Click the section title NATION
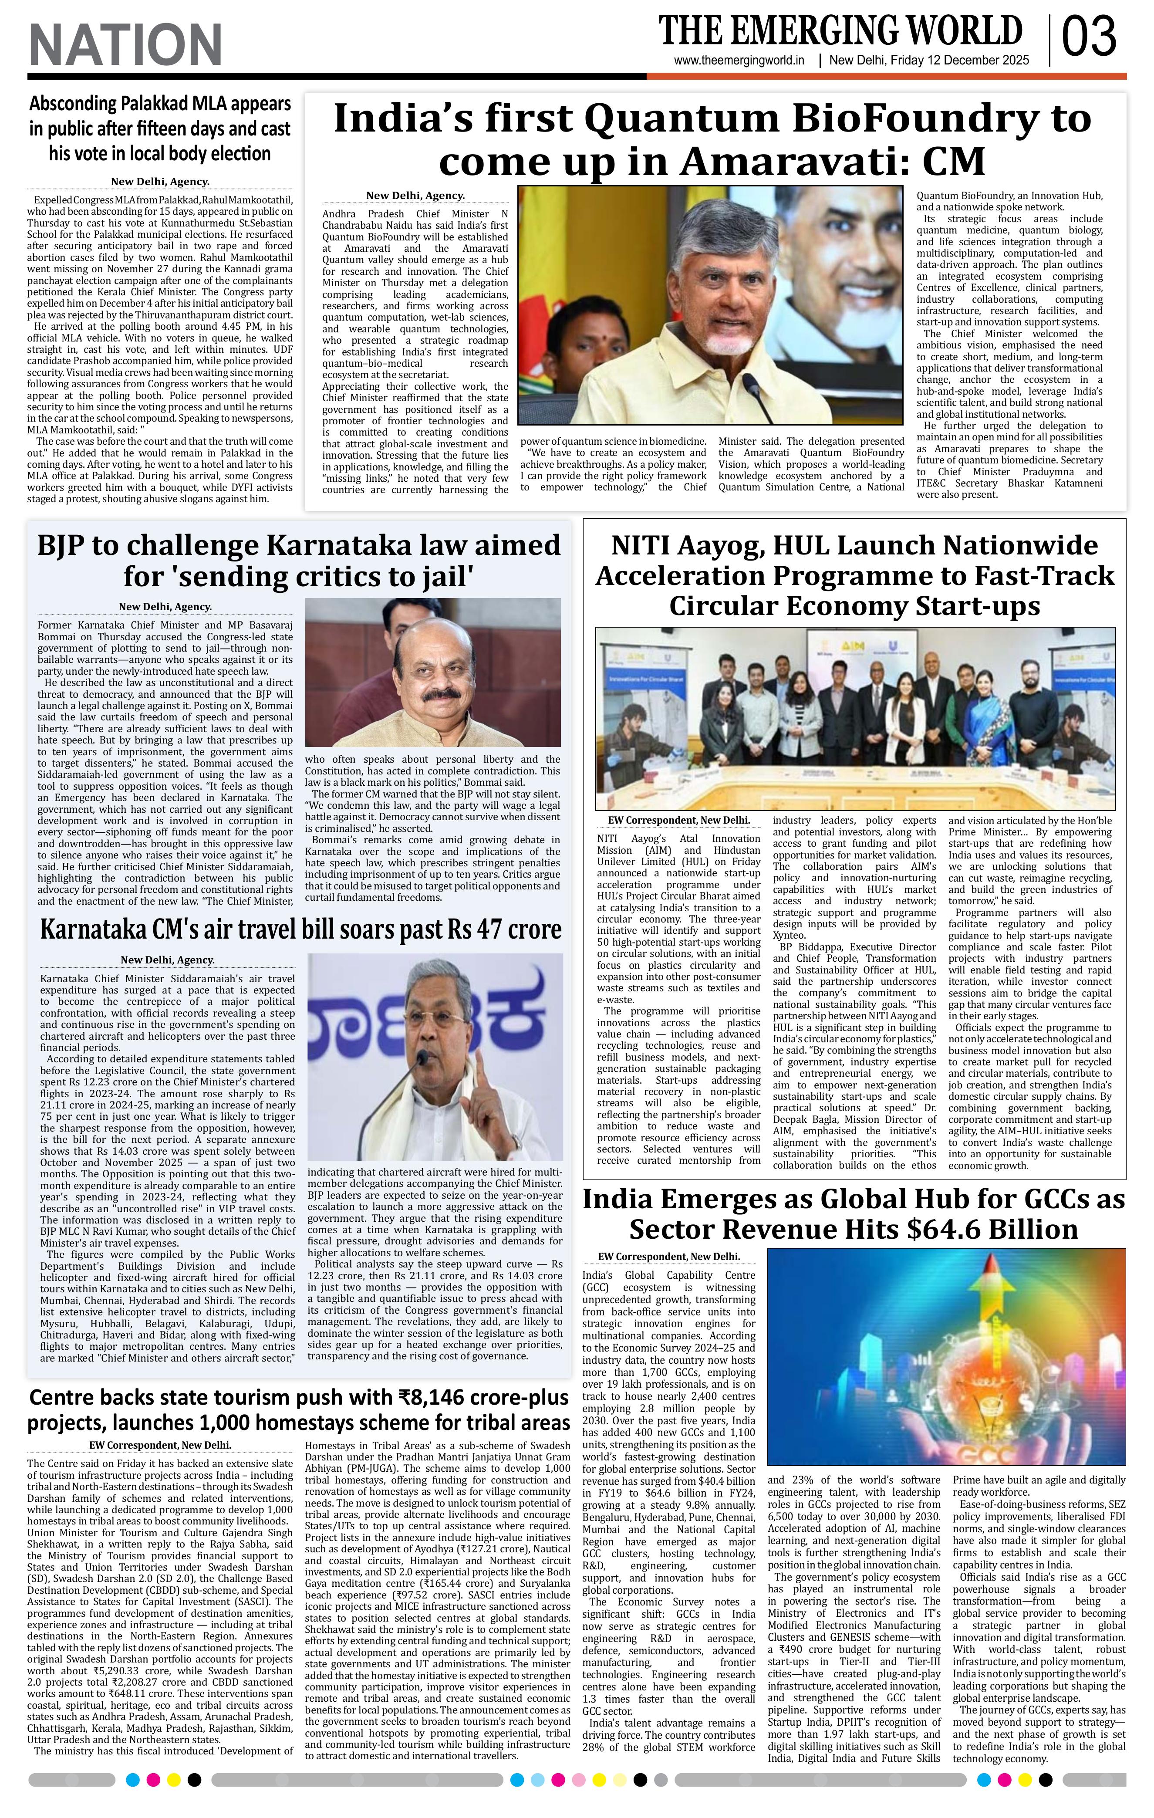pyautogui.click(x=125, y=44)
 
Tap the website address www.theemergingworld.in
pyautogui.click(x=739, y=61)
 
